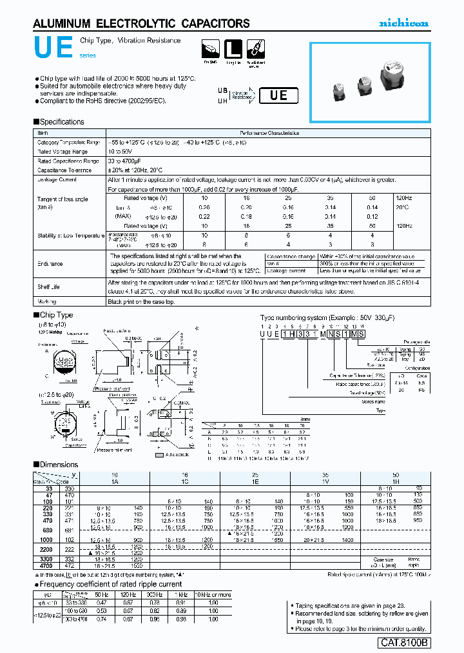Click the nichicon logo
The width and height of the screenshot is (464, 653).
[x=403, y=23]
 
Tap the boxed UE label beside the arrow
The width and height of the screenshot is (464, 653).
[x=278, y=95]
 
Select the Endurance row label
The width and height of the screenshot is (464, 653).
[x=50, y=264]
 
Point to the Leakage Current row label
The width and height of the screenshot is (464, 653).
[x=57, y=179]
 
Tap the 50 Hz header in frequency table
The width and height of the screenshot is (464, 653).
[x=101, y=594]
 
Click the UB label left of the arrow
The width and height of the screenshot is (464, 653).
[x=222, y=91]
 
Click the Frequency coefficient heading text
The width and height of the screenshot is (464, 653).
[x=111, y=584]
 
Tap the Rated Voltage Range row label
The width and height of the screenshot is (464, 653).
[x=62, y=151]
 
